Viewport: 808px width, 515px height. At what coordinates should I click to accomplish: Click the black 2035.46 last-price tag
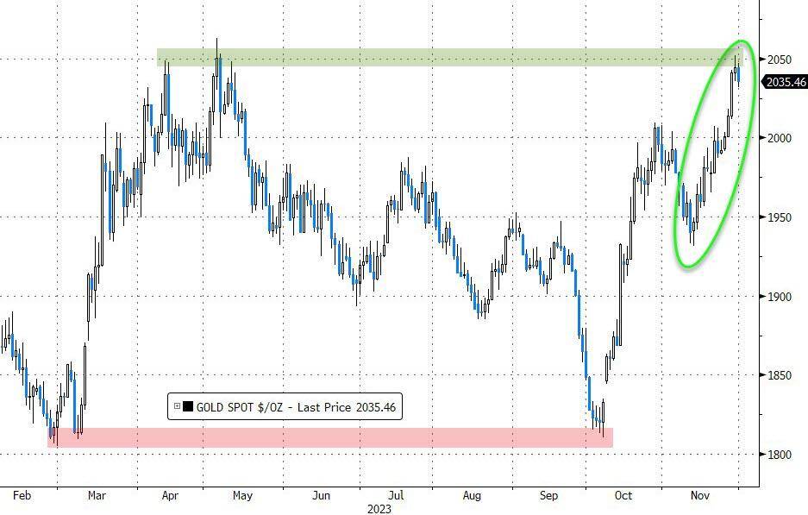pyautogui.click(x=784, y=82)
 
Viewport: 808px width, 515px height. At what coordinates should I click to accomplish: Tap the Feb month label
pyautogui.click(x=23, y=496)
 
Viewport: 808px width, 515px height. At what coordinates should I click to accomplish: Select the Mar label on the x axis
pyautogui.click(x=97, y=496)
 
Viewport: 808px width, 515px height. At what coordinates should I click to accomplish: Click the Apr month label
pyautogui.click(x=170, y=496)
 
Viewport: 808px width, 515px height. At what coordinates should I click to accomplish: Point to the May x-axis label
pyautogui.click(x=242, y=496)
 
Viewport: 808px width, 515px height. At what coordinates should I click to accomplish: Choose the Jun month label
pyautogui.click(x=321, y=496)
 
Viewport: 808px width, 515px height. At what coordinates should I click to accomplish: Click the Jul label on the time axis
pyautogui.click(x=396, y=496)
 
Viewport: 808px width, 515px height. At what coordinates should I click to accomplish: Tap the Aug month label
pyautogui.click(x=472, y=496)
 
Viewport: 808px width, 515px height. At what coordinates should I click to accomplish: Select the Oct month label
pyautogui.click(x=623, y=496)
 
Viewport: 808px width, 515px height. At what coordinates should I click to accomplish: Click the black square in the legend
pyautogui.click(x=188, y=407)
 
